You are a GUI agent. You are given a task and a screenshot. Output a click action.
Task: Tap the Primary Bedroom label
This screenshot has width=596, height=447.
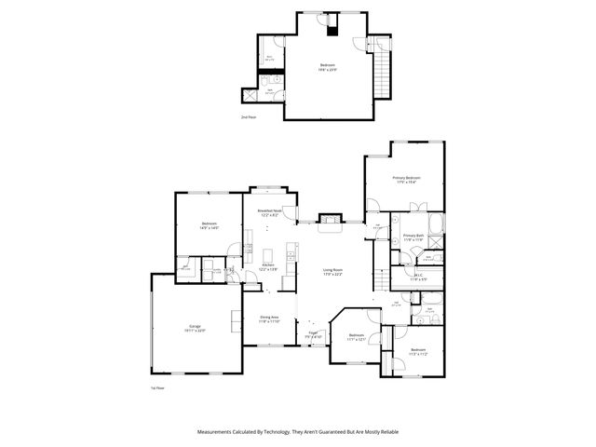coord(406,180)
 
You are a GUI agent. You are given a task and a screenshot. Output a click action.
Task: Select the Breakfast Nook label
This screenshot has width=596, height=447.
coord(270,213)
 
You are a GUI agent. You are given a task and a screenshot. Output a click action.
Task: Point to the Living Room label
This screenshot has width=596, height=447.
coord(332,271)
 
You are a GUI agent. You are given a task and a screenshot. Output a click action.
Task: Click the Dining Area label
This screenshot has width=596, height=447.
coord(270,318)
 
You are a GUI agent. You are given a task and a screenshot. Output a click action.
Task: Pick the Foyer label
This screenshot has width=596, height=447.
coord(314,333)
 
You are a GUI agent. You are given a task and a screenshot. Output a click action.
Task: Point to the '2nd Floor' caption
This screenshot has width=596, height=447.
coord(249,118)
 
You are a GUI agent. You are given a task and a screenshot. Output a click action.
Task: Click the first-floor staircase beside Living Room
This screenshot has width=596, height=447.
coord(381,278)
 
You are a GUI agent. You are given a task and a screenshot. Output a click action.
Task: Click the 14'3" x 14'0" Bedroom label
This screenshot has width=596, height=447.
coord(209,226)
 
